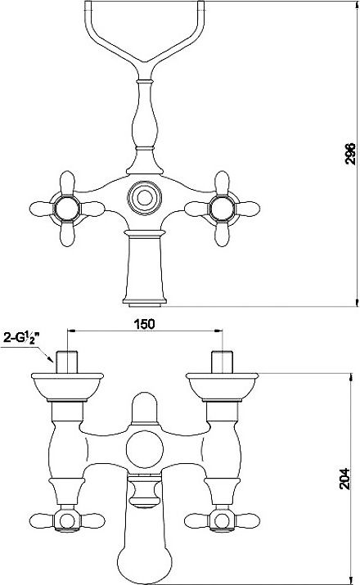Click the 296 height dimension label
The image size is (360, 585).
tap(350, 153)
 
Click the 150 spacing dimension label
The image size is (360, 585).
tap(144, 324)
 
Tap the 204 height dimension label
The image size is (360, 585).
tap(344, 479)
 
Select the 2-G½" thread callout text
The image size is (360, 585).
tap(21, 338)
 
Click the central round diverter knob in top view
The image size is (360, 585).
tap(144, 197)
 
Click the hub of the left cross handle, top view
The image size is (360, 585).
tap(67, 209)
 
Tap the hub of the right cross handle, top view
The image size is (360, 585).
tap(222, 209)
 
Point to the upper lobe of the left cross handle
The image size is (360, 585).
tap(67, 182)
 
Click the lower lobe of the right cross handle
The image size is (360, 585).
tap(222, 234)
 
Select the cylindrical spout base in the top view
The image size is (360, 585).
tap(144, 268)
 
